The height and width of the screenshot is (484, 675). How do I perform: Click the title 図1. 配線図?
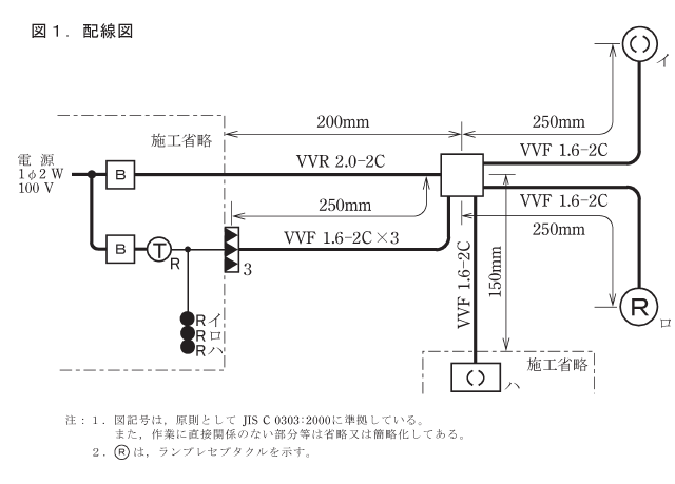[82, 31]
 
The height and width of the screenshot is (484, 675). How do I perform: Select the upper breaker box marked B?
[121, 175]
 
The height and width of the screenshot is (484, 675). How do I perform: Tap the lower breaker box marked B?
[121, 249]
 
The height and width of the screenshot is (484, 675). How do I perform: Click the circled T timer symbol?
[157, 249]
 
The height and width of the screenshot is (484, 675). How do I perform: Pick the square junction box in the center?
[461, 175]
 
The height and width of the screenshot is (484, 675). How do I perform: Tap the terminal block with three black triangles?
[232, 249]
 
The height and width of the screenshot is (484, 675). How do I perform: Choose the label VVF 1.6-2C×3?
[341, 238]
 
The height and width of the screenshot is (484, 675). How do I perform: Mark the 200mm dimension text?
[343, 122]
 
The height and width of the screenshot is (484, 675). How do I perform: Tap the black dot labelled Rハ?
[187, 347]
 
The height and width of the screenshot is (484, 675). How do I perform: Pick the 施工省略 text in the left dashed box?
[181, 141]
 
